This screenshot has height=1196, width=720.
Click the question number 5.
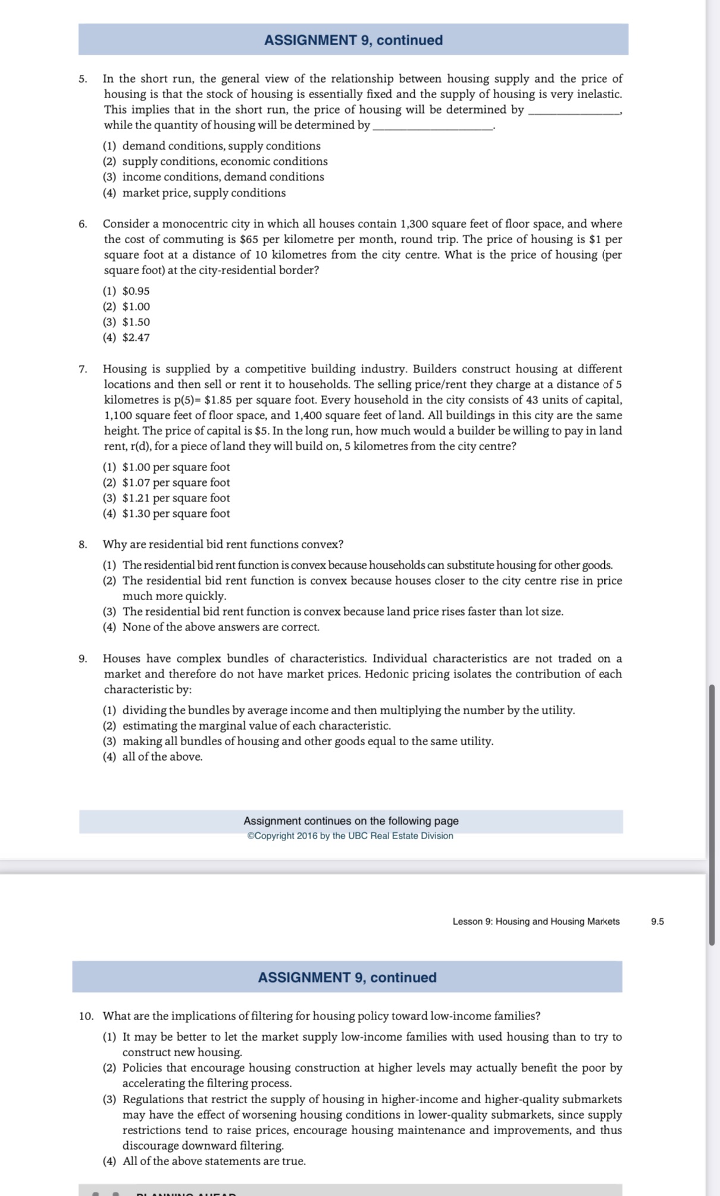[83, 79]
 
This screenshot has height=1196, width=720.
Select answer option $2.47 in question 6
[136, 338]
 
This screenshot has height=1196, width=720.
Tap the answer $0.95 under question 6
[136, 291]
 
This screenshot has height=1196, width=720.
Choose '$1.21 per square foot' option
[176, 498]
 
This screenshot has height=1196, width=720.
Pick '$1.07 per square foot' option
[176, 483]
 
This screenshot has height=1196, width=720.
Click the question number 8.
[83, 545]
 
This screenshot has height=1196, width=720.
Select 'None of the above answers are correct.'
[220, 627]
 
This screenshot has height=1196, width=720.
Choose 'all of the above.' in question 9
[162, 757]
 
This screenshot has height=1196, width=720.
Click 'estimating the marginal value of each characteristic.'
[256, 726]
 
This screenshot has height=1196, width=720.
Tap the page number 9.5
[658, 922]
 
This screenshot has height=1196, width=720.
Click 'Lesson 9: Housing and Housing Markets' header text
[536, 922]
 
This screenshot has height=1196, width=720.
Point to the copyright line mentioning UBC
[350, 836]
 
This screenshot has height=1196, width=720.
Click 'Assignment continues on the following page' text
[350, 821]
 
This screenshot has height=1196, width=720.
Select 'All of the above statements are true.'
[214, 1162]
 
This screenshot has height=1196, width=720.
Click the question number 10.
[86, 1016]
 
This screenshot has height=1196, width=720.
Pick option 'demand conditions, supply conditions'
[221, 146]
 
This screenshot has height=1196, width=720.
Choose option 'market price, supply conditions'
[204, 193]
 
